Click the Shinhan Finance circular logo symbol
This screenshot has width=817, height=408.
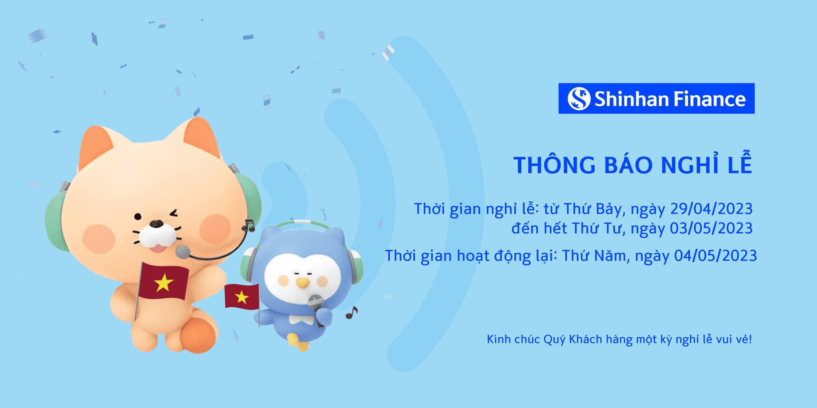point(579,99)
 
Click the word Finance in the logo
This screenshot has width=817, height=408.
point(709,99)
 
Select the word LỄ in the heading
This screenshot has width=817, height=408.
point(740,164)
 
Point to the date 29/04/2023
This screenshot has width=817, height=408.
point(711,209)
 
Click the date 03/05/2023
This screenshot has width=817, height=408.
point(711,228)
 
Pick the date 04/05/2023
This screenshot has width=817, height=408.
point(715,255)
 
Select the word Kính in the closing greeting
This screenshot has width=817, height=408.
point(498,339)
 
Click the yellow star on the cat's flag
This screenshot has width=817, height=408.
point(164,283)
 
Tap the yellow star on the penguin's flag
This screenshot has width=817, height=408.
point(242,297)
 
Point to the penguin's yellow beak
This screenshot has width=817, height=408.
point(303,283)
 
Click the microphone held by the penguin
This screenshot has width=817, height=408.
point(315,303)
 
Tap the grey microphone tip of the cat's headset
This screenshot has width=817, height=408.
point(183,252)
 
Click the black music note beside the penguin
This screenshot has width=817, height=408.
point(351,313)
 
